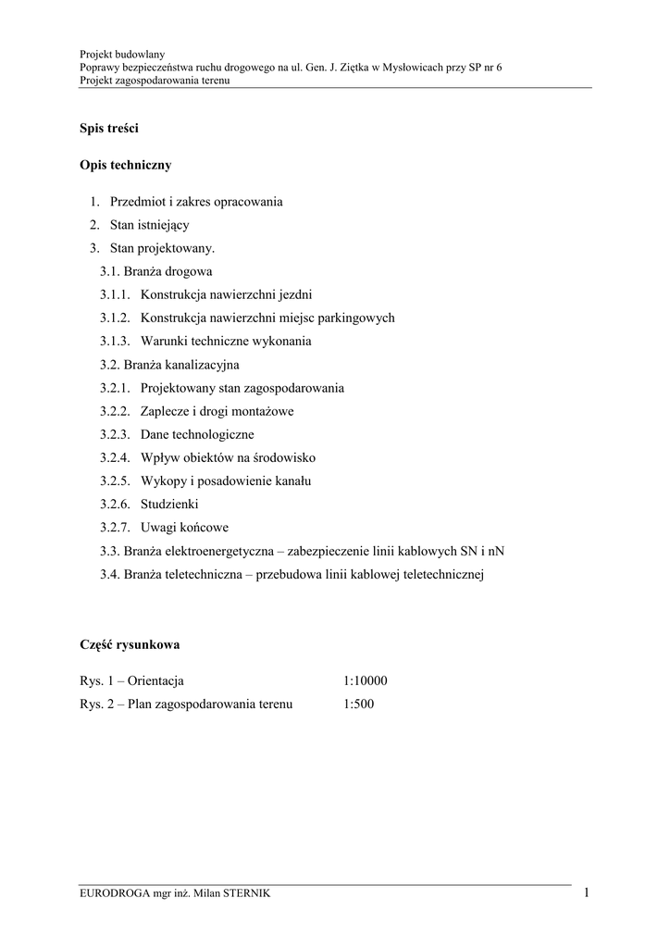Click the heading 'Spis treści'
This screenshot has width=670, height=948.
[108, 129]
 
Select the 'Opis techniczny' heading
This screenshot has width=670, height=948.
[125, 166]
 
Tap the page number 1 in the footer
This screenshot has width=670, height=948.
[587, 892]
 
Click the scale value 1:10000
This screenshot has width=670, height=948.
[365, 681]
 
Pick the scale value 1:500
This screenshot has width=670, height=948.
[358, 705]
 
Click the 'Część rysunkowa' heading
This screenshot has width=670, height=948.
[129, 643]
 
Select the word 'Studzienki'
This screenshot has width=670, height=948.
[169, 505]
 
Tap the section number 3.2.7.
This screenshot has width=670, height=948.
[117, 528]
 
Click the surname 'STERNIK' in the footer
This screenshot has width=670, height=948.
[245, 894]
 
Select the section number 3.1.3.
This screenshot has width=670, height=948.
[117, 341]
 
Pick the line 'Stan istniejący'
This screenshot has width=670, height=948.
[149, 224]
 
